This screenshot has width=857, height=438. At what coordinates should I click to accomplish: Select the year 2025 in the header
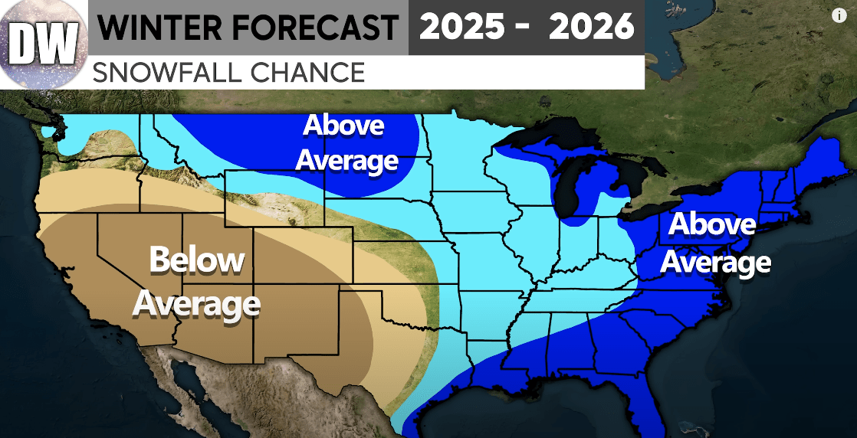click(x=461, y=28)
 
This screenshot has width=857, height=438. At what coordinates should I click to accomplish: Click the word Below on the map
click(x=197, y=260)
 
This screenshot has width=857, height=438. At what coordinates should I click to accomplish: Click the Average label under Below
click(x=197, y=303)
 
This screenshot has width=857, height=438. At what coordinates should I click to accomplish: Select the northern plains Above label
click(x=344, y=126)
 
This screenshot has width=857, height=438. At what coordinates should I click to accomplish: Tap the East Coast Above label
click(x=712, y=225)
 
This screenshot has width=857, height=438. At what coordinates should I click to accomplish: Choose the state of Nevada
click(x=115, y=260)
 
